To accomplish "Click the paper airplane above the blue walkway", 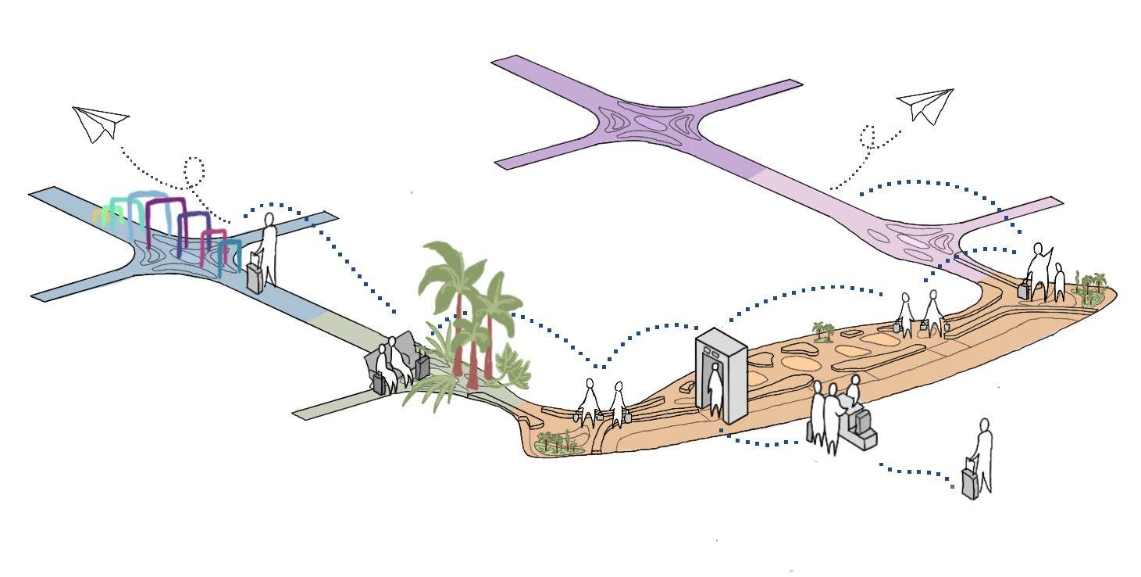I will [x=99, y=124].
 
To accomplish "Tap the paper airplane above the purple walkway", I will [x=927, y=106].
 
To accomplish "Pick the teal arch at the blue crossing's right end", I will [x=228, y=256].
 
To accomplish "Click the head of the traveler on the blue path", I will [x=269, y=220].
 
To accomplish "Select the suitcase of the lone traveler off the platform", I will [x=970, y=482].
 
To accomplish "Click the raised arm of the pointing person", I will [x=1048, y=256].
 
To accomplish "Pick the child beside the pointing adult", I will [x=1058, y=281].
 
